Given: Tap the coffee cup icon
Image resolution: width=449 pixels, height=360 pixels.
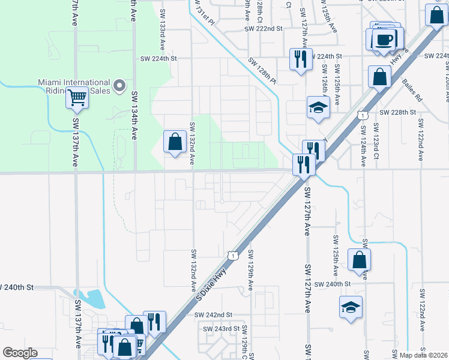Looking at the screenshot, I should [x=384, y=40].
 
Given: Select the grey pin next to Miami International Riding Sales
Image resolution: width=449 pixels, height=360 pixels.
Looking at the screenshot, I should [x=119, y=86].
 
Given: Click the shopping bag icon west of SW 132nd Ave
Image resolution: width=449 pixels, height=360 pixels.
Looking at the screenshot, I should [x=174, y=142].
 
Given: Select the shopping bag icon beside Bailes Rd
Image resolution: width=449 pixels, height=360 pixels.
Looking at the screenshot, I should [x=379, y=77].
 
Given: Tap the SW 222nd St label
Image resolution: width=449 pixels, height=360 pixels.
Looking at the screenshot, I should [x=263, y=28].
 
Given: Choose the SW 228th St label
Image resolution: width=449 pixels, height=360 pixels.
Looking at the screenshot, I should [x=397, y=113].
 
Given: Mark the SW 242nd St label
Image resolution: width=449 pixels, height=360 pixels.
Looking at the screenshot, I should [x=213, y=314].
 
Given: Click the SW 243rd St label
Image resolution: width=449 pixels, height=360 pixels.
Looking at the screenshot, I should [x=221, y=329].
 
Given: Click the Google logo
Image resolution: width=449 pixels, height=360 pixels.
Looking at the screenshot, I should [x=20, y=353].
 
